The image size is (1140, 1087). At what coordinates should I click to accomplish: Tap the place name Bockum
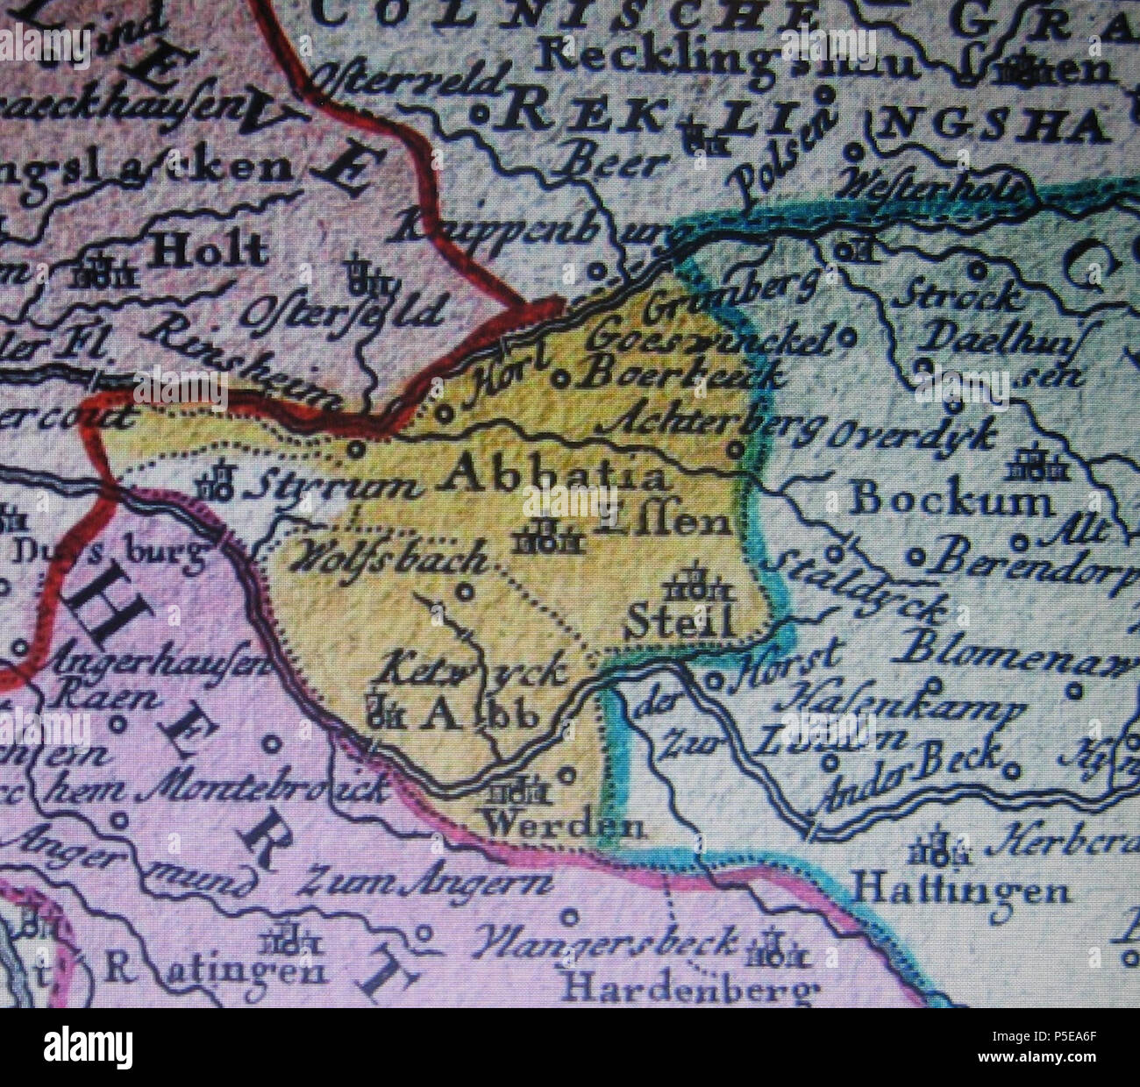coord(951,501)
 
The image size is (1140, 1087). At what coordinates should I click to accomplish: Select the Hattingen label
coord(962,892)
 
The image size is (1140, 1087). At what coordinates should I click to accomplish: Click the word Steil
coord(680,622)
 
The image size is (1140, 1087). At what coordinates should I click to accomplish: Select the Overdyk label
coord(912,434)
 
